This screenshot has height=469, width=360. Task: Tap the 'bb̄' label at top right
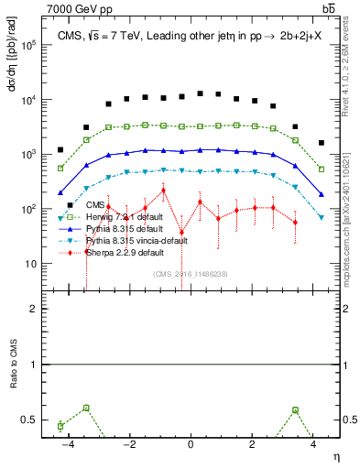[x=328, y=8]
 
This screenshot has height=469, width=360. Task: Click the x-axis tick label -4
[x=68, y=443]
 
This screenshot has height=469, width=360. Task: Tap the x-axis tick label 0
[x=191, y=443]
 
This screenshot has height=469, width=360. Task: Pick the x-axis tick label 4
[x=313, y=443]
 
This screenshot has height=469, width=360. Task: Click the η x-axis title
[x=335, y=455]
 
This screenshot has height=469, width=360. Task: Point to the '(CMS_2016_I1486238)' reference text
[x=191, y=274]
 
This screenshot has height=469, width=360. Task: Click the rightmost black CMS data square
[x=321, y=143]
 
